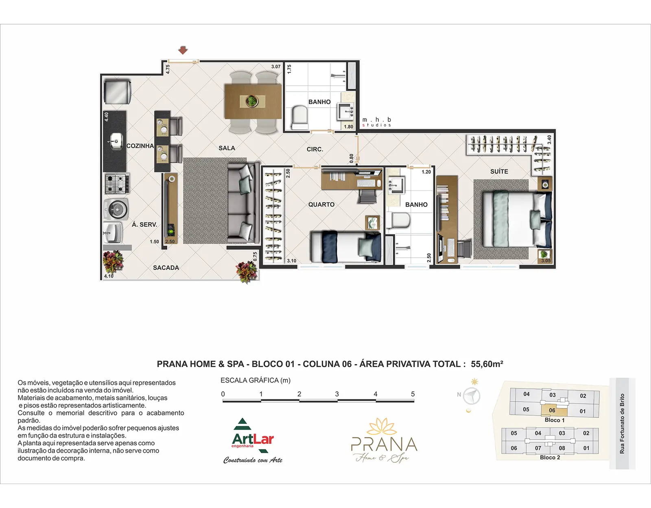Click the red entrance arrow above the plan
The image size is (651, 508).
pyautogui.click(x=183, y=50)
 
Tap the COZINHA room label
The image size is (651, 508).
pyautogui.click(x=140, y=146)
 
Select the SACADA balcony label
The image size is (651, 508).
pyautogui.click(x=166, y=268)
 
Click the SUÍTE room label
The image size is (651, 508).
pyautogui.click(x=499, y=172)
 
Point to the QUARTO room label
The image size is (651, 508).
pyautogui.click(x=321, y=205)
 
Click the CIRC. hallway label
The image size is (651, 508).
pyautogui.click(x=315, y=149)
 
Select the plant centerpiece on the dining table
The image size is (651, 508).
pyautogui.click(x=251, y=101)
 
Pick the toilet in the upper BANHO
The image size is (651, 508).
pyautogui.click(x=300, y=117)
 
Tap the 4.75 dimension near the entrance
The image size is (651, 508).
pyautogui.click(x=168, y=69)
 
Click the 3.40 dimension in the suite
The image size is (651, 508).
pyautogui.click(x=549, y=139)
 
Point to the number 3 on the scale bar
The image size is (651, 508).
pyautogui.click(x=337, y=394)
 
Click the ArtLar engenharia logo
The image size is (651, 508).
pyautogui.click(x=253, y=440)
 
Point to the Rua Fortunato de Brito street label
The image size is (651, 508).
pyautogui.click(x=622, y=423)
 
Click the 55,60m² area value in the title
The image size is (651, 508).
pyautogui.click(x=487, y=364)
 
